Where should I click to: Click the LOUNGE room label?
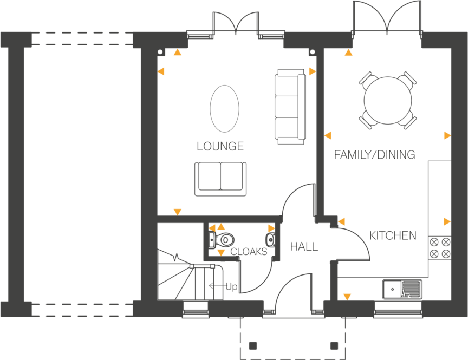point(220,147)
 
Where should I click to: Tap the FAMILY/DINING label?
point(374,155)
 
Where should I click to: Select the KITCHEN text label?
point(393,235)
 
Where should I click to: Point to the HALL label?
point(304,247)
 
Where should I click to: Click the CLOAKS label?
point(249,252)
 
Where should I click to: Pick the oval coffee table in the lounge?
point(224,108)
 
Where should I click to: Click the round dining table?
point(388,100)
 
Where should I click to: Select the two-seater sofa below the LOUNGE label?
point(220,178)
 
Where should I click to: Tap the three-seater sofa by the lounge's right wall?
point(290,106)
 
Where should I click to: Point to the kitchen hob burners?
point(439,248)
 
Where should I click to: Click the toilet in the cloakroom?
point(224,239)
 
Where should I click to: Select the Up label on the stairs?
point(231,286)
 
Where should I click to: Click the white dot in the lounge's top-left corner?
point(160,53)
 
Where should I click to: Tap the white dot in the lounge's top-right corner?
point(313,53)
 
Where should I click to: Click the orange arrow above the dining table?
point(348,53)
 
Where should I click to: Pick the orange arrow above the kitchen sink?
point(347,297)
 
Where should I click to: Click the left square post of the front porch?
point(253,345)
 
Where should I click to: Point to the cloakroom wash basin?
point(270,239)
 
